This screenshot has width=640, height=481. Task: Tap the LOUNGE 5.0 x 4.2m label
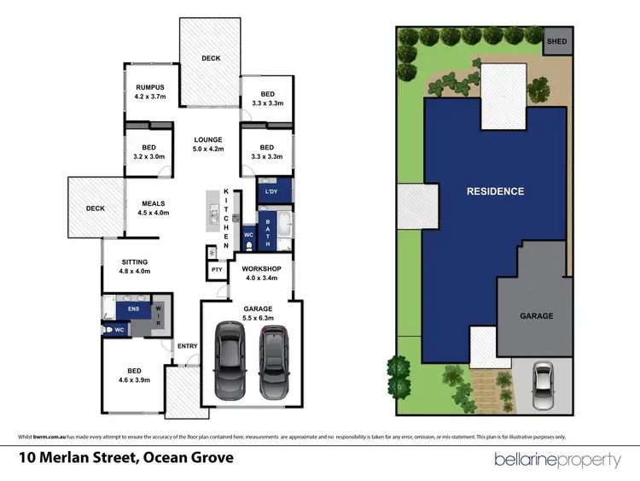click(x=207, y=145)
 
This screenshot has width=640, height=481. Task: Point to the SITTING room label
click(x=134, y=267)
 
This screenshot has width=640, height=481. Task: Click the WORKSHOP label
click(x=262, y=273)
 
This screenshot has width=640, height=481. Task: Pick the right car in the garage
click(x=273, y=355)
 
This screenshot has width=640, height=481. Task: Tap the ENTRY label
click(x=187, y=346)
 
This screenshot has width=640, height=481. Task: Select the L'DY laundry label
click(x=272, y=191)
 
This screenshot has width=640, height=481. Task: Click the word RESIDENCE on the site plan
click(x=495, y=191)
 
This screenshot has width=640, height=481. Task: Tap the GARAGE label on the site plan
click(x=537, y=316)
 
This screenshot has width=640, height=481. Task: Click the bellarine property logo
click(x=558, y=460)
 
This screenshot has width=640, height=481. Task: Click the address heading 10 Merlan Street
click(x=135, y=460)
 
